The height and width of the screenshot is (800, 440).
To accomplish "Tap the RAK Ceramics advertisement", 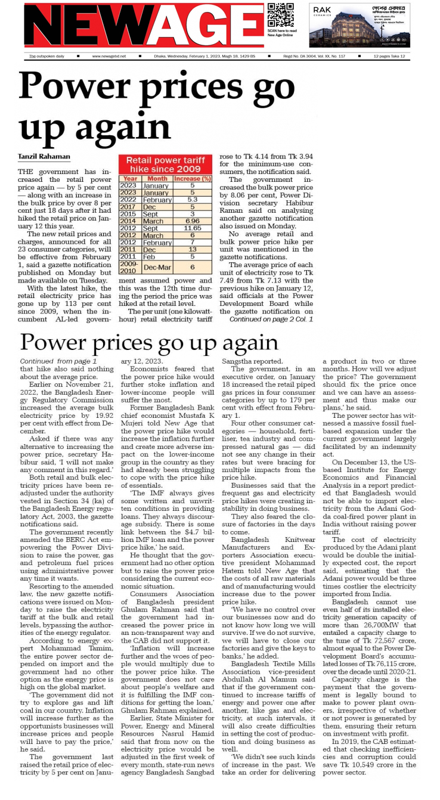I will click(360, 25).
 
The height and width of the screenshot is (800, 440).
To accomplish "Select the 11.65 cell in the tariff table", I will click(193, 228).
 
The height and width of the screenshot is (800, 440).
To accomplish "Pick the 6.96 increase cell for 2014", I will click(193, 221).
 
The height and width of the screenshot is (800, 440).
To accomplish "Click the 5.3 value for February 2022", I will click(193, 200).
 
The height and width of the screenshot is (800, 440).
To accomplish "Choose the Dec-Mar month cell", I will click(157, 266).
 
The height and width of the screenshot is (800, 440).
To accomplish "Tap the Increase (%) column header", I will click(193, 178).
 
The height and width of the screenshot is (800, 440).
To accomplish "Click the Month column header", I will click(157, 178).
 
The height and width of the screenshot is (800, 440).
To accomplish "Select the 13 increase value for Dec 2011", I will click(193, 249).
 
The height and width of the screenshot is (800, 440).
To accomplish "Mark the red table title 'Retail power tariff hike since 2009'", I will click(165, 165).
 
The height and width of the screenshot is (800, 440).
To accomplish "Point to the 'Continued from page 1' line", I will click(58, 361).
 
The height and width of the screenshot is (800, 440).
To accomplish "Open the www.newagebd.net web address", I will click(109, 57).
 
